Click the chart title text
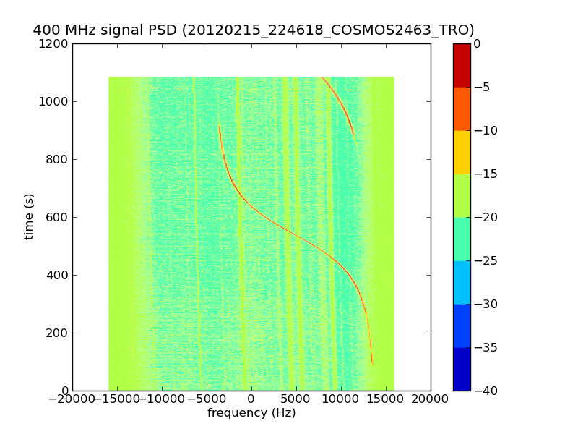click(254, 30)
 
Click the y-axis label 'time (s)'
click(29, 216)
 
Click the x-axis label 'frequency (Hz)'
click(251, 413)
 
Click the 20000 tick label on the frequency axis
click(431, 399)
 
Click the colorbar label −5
click(482, 88)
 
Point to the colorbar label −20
click(485, 218)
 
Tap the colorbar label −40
click(485, 391)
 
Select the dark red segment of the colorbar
click(462, 65)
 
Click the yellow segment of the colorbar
click(462, 152)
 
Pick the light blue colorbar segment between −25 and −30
click(462, 282)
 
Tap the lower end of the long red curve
click(372, 362)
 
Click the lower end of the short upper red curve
click(355, 138)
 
